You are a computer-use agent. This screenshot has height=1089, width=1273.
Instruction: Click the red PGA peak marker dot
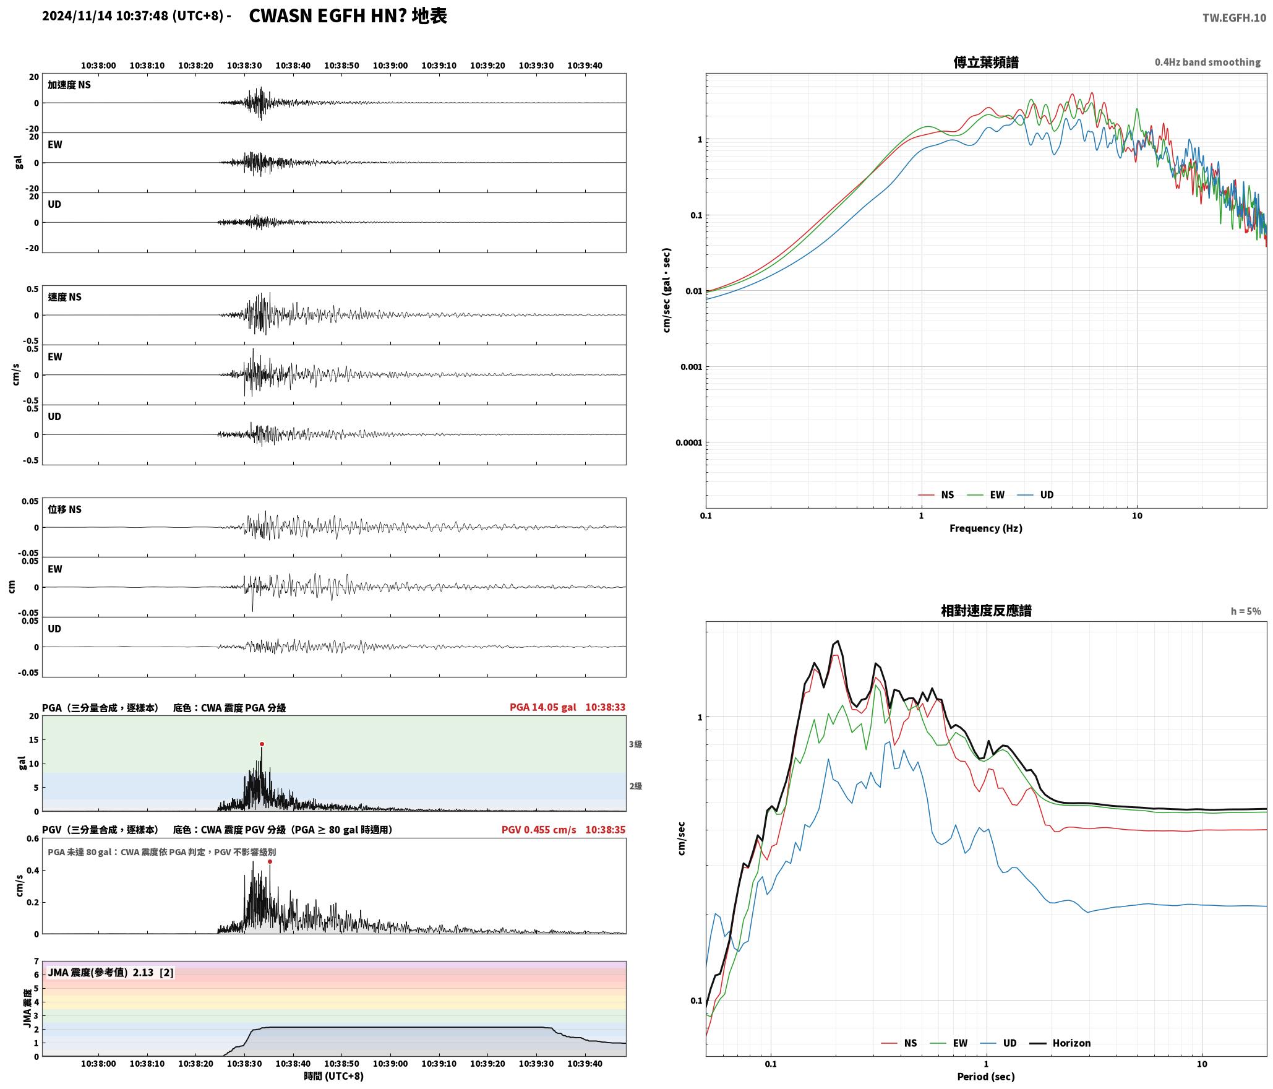click(x=262, y=744)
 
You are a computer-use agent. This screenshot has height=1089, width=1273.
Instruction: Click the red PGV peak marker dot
click(x=270, y=861)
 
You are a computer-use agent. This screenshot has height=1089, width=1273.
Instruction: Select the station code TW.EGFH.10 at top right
click(x=1234, y=18)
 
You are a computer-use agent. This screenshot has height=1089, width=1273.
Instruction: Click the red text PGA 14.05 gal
click(x=542, y=707)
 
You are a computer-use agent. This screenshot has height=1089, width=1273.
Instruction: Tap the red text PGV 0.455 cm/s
click(x=539, y=830)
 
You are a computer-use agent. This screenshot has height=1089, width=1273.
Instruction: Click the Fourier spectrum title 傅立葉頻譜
click(x=986, y=62)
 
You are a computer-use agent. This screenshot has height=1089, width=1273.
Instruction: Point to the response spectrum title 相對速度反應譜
click(x=986, y=611)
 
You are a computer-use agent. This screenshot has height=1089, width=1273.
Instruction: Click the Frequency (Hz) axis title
click(x=986, y=528)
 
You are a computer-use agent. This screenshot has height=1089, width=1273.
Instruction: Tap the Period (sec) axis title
click(x=986, y=1077)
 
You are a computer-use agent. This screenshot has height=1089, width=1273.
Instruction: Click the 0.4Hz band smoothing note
click(x=1207, y=62)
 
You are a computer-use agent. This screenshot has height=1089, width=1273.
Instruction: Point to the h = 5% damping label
click(x=1246, y=611)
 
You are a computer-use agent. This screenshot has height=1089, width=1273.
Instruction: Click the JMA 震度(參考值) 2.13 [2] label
click(x=111, y=973)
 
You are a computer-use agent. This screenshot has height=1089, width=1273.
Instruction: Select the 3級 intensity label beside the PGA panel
click(x=635, y=744)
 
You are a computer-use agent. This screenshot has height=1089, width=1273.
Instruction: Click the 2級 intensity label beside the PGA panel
click(x=635, y=786)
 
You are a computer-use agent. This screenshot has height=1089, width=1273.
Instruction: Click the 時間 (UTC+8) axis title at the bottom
click(x=334, y=1076)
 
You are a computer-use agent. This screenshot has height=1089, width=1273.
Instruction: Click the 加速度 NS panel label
click(x=69, y=85)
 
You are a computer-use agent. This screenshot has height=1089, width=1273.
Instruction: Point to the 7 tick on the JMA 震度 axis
click(x=36, y=962)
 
